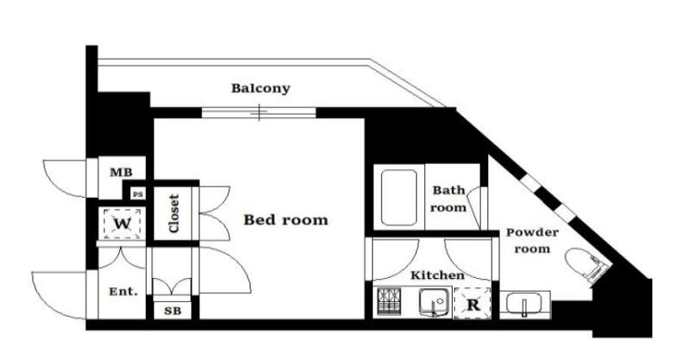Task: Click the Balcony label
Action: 261,89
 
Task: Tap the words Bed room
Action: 286,219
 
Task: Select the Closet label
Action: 174,214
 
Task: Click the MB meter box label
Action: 121,173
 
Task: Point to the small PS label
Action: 138,194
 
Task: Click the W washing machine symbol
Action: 122,224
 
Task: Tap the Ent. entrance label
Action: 124,291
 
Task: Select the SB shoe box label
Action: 173,311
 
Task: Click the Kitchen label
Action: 437,275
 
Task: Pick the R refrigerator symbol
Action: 472,304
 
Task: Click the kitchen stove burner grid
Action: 389,302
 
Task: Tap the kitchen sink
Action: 434,302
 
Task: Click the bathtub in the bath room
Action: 399,198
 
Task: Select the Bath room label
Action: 448,199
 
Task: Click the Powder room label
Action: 532,241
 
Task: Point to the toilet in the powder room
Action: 586,263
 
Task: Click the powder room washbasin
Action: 524,304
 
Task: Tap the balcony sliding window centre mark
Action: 259,113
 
